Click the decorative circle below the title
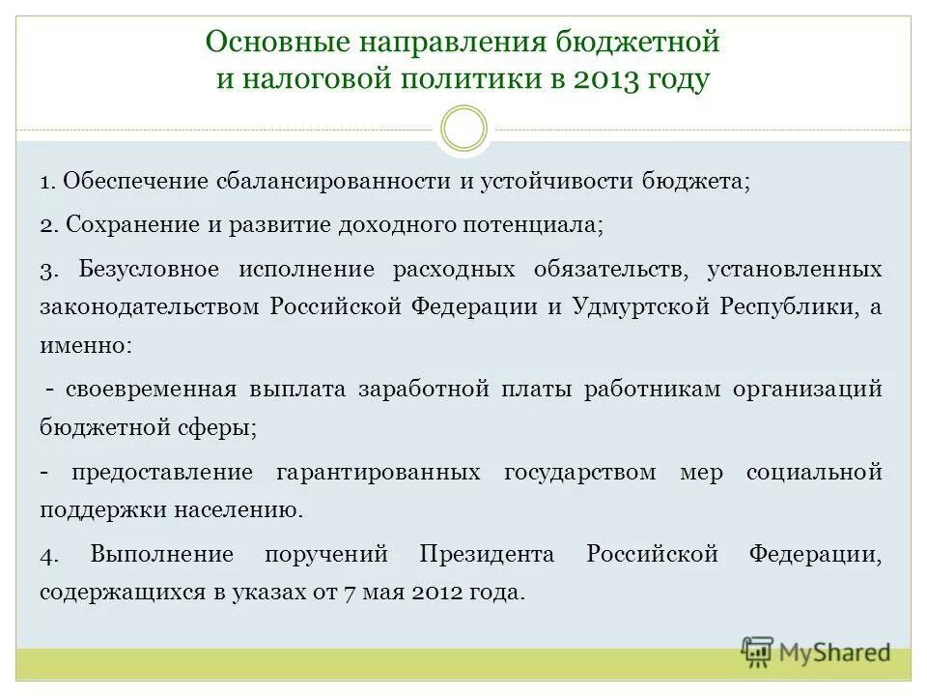pyautogui.click(x=463, y=129)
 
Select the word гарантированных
pyautogui.click(x=378, y=472)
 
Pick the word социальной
pyautogui.click(x=814, y=472)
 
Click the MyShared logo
pyautogui.click(x=816, y=652)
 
